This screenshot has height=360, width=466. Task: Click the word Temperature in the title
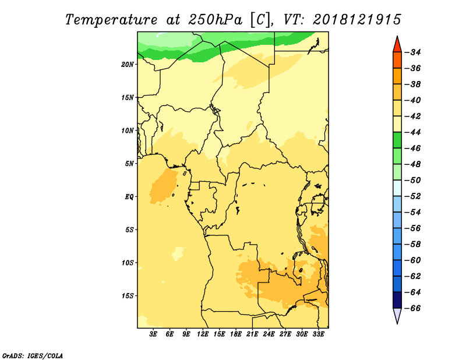point(111,20)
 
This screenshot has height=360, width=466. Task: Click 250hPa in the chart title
point(215,20)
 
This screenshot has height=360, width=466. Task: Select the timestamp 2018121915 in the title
point(357,20)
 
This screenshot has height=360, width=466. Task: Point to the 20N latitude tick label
point(128,65)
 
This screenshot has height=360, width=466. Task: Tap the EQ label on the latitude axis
point(129,197)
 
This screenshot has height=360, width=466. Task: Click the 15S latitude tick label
point(128,296)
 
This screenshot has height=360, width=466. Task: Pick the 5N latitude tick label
point(129,164)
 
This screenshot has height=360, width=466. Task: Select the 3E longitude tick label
point(153,334)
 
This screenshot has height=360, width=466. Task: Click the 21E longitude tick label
point(252,334)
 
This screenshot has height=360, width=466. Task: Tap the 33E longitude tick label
point(318,334)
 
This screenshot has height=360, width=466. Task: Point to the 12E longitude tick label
point(203,334)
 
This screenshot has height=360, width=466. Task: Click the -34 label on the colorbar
point(413,52)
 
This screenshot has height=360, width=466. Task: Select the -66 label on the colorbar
point(413,308)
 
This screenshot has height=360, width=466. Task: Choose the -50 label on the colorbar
point(413,180)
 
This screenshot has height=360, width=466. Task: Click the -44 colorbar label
point(413,132)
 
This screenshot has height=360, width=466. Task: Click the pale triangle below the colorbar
point(397,315)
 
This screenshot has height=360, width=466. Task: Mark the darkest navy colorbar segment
point(397,300)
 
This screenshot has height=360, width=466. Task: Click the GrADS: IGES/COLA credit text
point(33,355)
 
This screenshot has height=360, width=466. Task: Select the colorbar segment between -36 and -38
point(397,76)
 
